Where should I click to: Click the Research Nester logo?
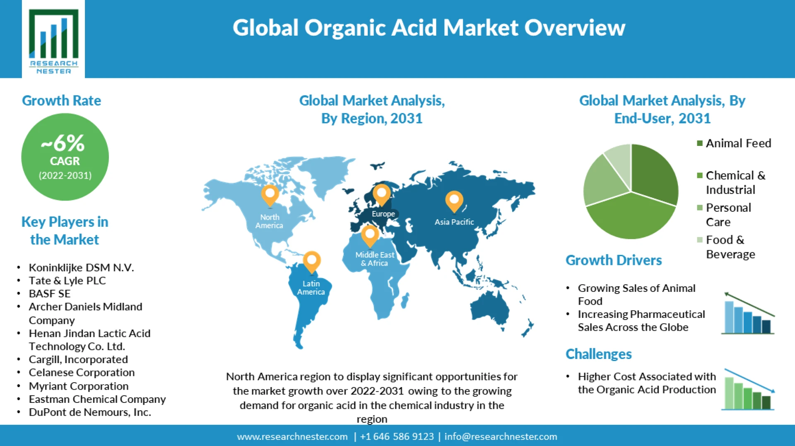pyautogui.click(x=53, y=40)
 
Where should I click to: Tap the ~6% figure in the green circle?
pyautogui.click(x=63, y=143)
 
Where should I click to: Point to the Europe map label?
pyautogui.click(x=383, y=214)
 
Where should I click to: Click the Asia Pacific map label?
pyautogui.click(x=454, y=222)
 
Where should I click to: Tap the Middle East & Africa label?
pyautogui.click(x=375, y=259)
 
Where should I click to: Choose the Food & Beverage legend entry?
pyautogui.click(x=730, y=247)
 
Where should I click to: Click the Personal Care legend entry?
pyautogui.click(x=728, y=214)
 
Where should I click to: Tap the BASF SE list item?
pyautogui.click(x=49, y=293)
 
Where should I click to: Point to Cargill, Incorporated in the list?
pyautogui.click(x=78, y=359)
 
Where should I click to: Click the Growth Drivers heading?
pyautogui.click(x=614, y=260)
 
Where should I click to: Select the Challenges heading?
pyautogui.click(x=598, y=354)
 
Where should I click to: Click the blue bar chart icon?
pyautogui.click(x=748, y=314)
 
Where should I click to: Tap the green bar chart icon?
pyautogui.click(x=748, y=390)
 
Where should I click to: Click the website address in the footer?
pyautogui.click(x=292, y=436)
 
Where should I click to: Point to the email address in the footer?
pyautogui.click(x=501, y=436)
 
